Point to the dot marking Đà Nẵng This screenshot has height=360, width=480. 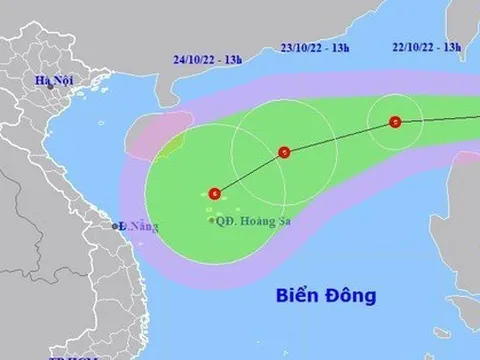119,227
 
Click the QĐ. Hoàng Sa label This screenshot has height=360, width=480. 249,221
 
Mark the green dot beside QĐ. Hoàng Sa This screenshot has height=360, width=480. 212,221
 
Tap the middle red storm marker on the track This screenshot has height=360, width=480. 284,153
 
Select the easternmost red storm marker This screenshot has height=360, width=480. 395,123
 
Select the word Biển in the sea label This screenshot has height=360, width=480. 296,296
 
